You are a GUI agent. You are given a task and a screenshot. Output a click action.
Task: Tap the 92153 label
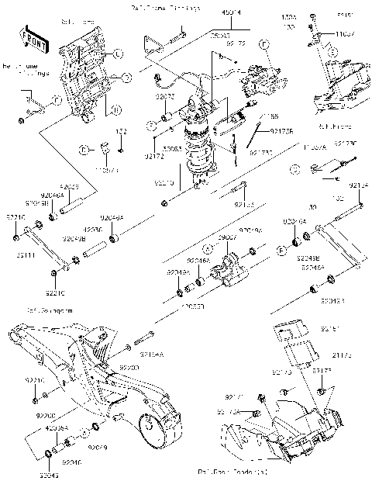pyautogui.click(x=244, y=205)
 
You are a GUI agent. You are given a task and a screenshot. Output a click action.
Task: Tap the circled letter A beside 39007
pyautogui.click(x=208, y=249)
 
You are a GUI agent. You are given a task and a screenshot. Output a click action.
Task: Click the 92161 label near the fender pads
pyautogui.click(x=329, y=329)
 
